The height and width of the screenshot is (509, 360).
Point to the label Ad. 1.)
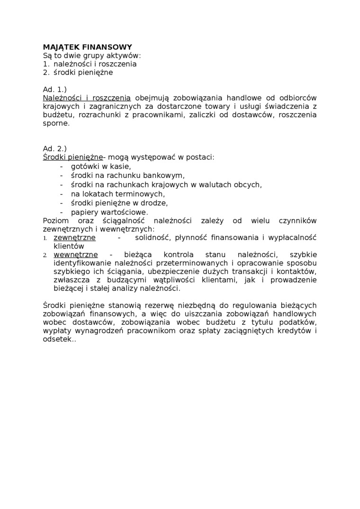coord(54,89)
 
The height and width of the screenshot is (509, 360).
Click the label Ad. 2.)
coord(54,149)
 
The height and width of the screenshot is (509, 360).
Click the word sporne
coord(56,124)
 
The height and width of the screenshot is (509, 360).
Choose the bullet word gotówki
coord(85,166)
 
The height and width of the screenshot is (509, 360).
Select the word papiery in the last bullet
coord(83,212)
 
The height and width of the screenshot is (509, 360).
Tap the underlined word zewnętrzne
coord(75,238)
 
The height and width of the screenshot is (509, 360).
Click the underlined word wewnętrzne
coord(76,255)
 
